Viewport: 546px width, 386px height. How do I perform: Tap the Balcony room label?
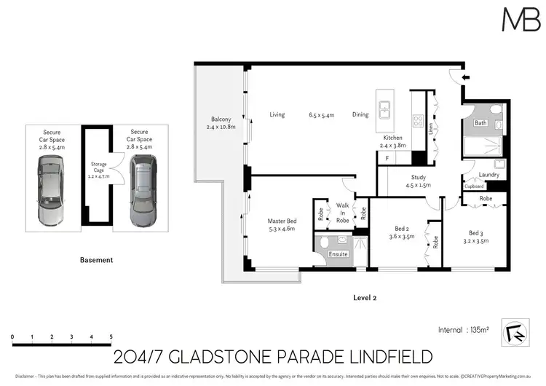point(221,124)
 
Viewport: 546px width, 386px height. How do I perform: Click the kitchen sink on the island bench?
point(383,111)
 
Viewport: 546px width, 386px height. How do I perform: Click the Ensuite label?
point(339,254)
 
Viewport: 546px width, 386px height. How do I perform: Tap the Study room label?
point(418,181)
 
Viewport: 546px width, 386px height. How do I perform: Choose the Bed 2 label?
point(400,232)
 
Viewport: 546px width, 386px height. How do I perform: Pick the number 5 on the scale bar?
point(111,337)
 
